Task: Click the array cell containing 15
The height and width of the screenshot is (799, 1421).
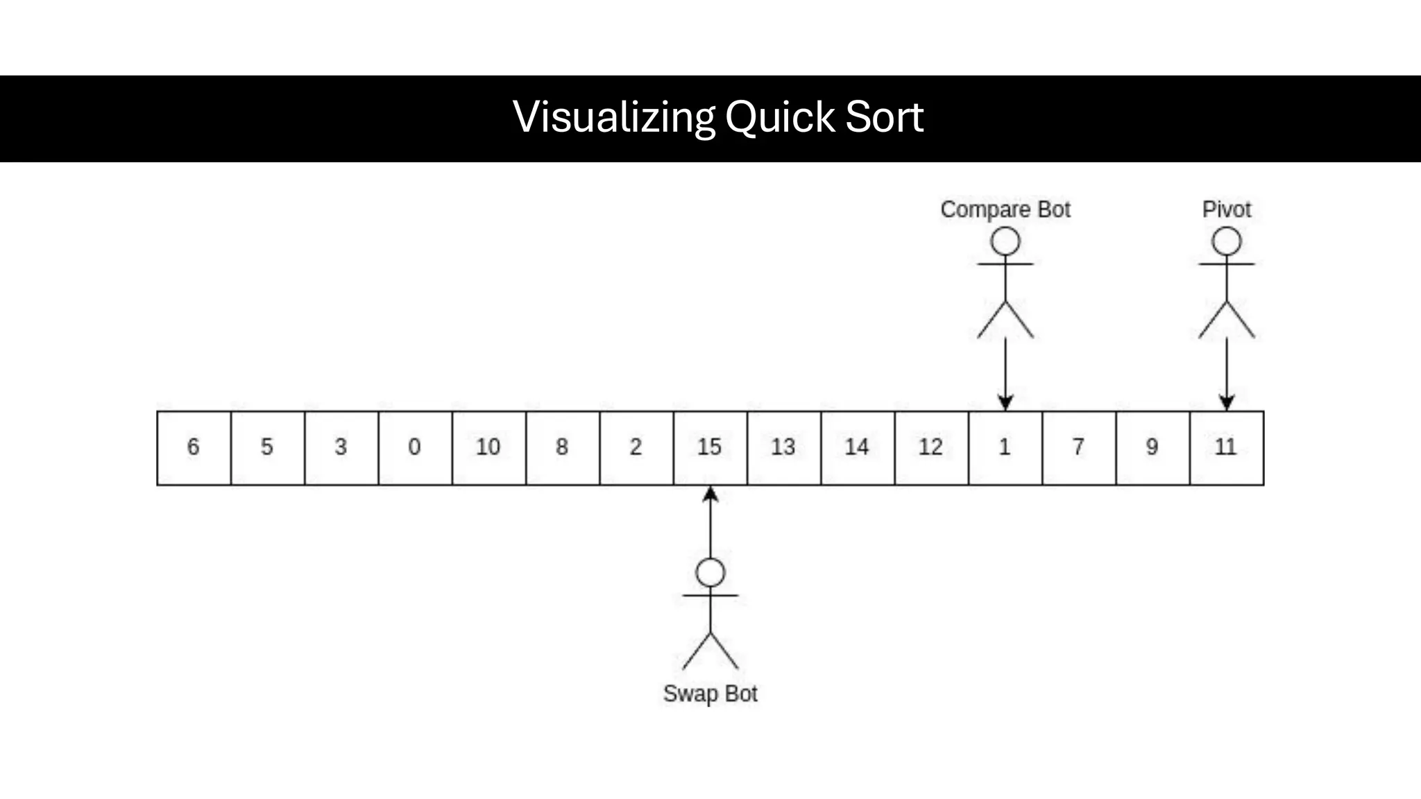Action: point(710,447)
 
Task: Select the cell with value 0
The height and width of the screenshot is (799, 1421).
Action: point(415,447)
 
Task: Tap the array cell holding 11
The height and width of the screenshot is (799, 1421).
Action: point(1226,447)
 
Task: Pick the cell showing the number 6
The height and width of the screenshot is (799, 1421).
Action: point(194,447)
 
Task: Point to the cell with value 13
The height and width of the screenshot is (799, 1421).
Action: point(783,447)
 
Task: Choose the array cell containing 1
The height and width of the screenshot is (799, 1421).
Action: point(1005,447)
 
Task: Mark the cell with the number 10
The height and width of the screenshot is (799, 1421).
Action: point(488,447)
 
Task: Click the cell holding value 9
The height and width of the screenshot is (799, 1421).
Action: point(1152,447)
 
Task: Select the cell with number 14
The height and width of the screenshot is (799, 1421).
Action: point(858,447)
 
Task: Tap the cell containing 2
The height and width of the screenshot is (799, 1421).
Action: point(636,447)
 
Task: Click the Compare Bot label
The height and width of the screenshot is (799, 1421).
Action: point(1005,209)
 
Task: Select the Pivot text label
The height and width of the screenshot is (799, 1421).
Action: point(1226,209)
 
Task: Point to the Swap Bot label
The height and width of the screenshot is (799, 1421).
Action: point(710,694)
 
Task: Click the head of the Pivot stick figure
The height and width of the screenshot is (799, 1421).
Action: point(1226,242)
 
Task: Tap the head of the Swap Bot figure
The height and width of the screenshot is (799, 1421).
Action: point(710,573)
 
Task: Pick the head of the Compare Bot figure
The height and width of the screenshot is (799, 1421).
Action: point(1005,242)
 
